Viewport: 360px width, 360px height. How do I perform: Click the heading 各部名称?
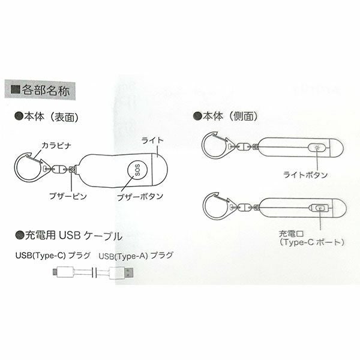[x=46, y=90]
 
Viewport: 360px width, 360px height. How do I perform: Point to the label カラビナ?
[x=56, y=145]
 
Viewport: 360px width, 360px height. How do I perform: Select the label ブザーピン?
[x=68, y=196]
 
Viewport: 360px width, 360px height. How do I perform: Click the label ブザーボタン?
[x=140, y=197]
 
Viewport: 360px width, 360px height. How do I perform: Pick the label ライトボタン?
[x=305, y=175]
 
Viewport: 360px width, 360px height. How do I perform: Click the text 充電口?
[x=291, y=234]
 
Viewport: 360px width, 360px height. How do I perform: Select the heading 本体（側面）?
[x=230, y=116]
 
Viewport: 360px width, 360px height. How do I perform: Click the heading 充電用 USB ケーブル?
[x=73, y=236]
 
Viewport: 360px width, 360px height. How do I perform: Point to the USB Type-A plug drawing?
[x=121, y=273]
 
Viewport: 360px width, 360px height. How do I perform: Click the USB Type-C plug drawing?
[x=64, y=272]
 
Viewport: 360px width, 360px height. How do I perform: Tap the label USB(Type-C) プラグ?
[x=53, y=256]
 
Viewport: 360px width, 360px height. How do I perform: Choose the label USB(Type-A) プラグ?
[x=136, y=256]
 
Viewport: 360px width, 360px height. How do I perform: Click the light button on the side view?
[x=317, y=148]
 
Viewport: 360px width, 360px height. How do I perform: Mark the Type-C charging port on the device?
[x=320, y=208]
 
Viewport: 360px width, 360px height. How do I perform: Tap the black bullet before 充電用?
[x=20, y=235]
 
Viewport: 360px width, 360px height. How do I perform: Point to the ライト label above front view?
[x=152, y=140]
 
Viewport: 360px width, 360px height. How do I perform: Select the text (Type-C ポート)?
[x=312, y=242]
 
